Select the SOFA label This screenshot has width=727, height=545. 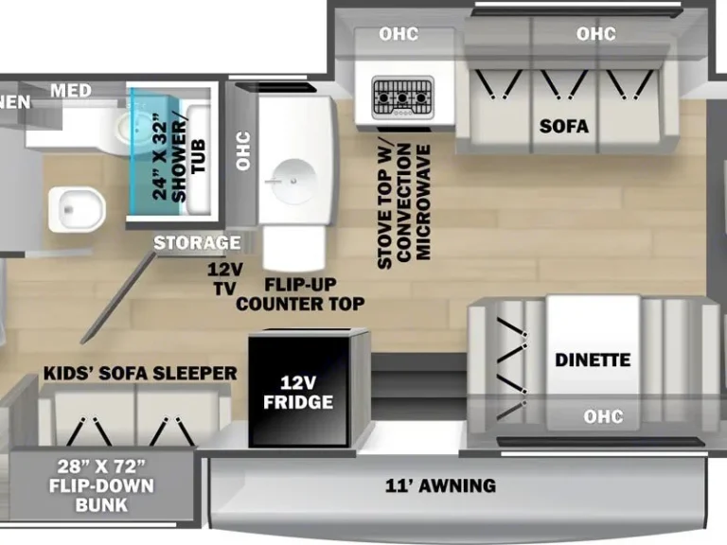pyautogui.click(x=564, y=126)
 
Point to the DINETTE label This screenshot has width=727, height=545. pyautogui.click(x=593, y=360)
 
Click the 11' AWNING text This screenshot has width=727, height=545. pyautogui.click(x=439, y=485)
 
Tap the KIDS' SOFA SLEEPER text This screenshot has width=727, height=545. pyautogui.click(x=140, y=373)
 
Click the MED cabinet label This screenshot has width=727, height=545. pyautogui.click(x=71, y=91)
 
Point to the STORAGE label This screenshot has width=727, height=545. pyautogui.click(x=197, y=243)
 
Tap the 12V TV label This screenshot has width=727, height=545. pyautogui.click(x=225, y=276)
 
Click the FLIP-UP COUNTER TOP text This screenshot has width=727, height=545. pyautogui.click(x=300, y=294)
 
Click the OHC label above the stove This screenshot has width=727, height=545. pyautogui.click(x=399, y=35)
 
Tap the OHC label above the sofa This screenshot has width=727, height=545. pyautogui.click(x=596, y=34)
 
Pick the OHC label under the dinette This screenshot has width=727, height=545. pyautogui.click(x=603, y=416)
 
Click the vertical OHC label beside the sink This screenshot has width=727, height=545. pyautogui.click(x=242, y=150)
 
